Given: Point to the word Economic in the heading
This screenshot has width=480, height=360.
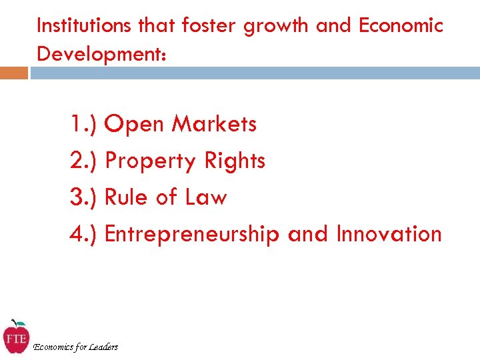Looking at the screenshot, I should coord(401,26).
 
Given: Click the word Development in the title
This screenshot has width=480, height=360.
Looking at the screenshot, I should coord(98,54).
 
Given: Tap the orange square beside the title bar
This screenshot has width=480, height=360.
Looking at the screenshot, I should coord(14,73).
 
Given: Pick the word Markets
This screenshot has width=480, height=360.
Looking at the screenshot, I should coord(214,124).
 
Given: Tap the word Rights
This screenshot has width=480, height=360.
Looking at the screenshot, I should coord(235,161).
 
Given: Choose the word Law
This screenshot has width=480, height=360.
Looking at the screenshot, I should coord(206,197).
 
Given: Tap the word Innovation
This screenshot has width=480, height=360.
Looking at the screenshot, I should coord(389,234).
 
